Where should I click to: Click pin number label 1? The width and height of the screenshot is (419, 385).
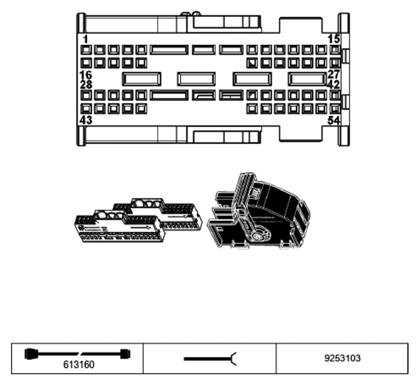[86, 39]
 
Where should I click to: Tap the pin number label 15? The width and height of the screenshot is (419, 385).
[333, 39]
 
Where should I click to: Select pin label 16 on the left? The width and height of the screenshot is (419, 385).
[86, 75]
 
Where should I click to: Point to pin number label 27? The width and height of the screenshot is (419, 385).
[333, 74]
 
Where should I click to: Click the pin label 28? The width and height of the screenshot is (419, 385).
[86, 84]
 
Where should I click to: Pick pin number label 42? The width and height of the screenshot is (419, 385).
[333, 84]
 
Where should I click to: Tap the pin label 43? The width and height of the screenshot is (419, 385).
[86, 120]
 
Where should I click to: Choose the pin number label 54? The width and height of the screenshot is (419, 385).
[333, 120]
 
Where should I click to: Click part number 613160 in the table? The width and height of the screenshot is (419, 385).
[79, 364]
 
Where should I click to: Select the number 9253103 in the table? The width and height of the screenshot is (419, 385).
[342, 358]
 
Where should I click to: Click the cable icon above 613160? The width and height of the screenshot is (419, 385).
[77, 354]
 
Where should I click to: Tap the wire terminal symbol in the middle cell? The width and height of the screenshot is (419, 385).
[210, 358]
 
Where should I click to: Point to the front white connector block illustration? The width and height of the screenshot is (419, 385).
[120, 227]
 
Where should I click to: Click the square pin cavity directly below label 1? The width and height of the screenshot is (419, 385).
[86, 50]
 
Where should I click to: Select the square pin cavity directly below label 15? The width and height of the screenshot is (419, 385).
[335, 50]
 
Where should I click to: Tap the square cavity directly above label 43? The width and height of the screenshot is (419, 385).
[86, 109]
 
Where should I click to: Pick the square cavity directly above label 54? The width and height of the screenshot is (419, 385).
[335, 109]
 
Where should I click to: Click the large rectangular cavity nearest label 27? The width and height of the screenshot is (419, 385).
[308, 79]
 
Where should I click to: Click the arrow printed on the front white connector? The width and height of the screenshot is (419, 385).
[141, 228]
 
